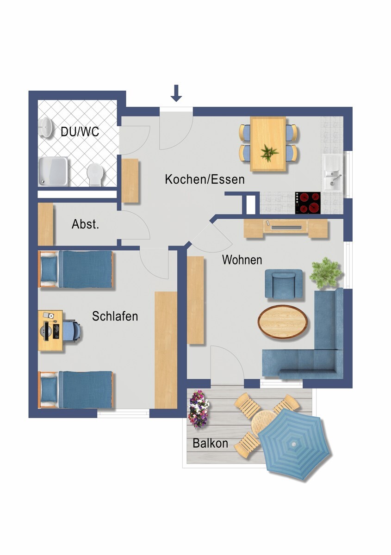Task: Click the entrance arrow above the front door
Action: [x=176, y=93]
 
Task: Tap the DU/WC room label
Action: [x=80, y=132]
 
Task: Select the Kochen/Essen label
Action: [x=205, y=179]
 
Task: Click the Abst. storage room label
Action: [x=85, y=225]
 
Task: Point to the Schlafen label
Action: [x=115, y=317]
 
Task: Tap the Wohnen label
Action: [x=242, y=260]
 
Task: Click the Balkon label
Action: [x=210, y=443]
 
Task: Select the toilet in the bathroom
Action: [x=95, y=174]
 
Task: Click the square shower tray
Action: [x=53, y=170]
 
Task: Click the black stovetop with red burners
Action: [x=308, y=202]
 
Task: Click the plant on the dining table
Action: [x=269, y=152]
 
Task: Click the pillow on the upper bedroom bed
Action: [x=48, y=270]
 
